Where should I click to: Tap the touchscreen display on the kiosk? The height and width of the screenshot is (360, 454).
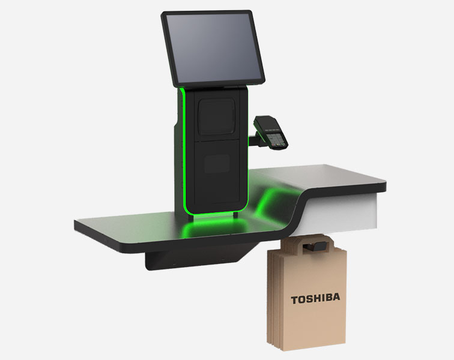coord(213,48)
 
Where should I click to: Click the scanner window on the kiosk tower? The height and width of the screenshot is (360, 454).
coord(217,116)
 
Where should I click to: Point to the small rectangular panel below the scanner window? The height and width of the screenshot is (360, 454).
coord(217,164)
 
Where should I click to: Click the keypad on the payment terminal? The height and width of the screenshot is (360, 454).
coord(274,140)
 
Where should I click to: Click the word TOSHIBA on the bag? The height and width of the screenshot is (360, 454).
coord(316,299)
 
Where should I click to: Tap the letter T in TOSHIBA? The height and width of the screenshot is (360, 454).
coord(294,300)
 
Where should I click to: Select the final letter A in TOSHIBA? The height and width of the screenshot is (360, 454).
coord(337,297)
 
